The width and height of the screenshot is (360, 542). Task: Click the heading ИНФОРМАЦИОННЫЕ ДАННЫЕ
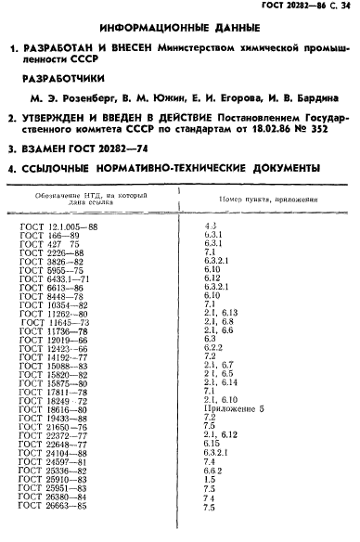click(179, 30)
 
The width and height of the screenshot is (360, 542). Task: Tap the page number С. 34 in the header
click(338, 8)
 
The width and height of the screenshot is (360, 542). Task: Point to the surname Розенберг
click(96, 97)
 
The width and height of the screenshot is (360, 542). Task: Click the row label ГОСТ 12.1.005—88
click(58, 226)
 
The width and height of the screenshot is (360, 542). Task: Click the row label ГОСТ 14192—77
click(54, 356)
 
